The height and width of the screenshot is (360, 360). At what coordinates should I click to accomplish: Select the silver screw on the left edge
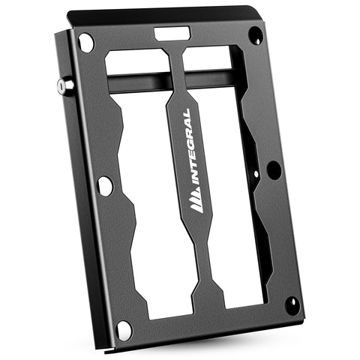pos(61,86)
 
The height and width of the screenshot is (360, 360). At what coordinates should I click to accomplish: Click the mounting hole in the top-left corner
pos(86,43)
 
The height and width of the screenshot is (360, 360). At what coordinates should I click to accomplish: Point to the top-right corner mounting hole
pos(256,34)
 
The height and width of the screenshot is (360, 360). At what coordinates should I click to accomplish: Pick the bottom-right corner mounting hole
pos(292,304)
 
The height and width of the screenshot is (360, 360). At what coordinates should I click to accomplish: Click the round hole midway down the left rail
pos(105,185)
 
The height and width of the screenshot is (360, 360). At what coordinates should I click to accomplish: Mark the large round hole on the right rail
pos(274,169)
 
